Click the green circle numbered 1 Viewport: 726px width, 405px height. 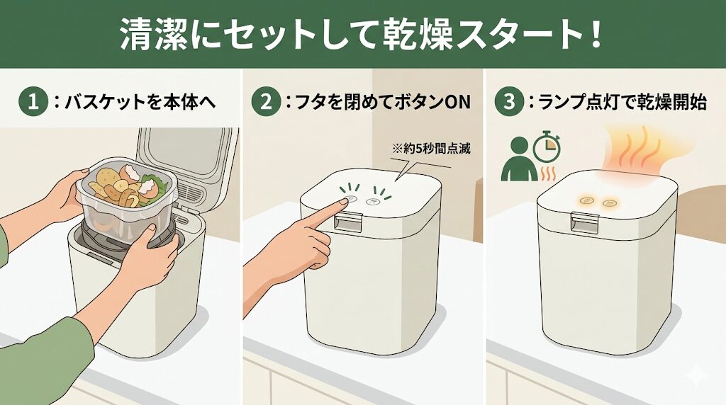pyautogui.click(x=33, y=102)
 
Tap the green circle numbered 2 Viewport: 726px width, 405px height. pyautogui.click(x=267, y=102)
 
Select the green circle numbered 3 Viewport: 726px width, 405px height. pyautogui.click(x=509, y=102)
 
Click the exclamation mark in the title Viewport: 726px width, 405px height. pyautogui.click(x=596, y=35)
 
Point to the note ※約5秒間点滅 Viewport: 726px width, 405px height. pyautogui.click(x=431, y=149)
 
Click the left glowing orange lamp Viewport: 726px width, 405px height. pyautogui.click(x=587, y=201)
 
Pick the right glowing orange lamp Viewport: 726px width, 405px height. pyautogui.click(x=610, y=202)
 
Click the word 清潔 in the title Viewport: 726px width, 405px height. pyautogui.click(x=153, y=35)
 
